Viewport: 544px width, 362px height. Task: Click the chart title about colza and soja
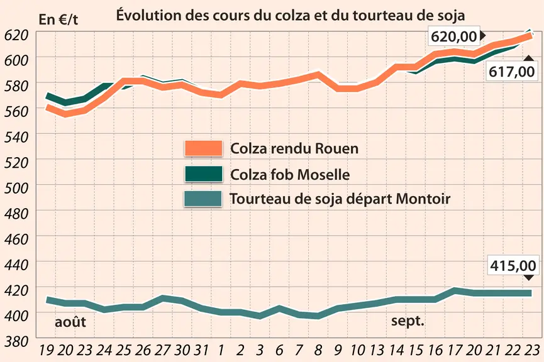[x=291, y=16]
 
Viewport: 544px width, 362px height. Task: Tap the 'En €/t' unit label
[x=58, y=19]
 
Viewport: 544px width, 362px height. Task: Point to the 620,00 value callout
[x=454, y=36]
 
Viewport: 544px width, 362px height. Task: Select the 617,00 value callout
[x=512, y=72]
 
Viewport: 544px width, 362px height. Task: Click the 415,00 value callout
[x=513, y=266]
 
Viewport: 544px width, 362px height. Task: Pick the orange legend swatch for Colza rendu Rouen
[x=204, y=148]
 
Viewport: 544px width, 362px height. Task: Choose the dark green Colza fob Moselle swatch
[x=204, y=173]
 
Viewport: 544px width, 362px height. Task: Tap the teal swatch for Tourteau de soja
[x=203, y=199]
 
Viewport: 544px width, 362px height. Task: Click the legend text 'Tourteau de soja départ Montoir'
[x=340, y=199]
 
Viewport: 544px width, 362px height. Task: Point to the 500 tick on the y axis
[x=16, y=188]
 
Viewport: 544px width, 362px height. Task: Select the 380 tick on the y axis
[x=16, y=341]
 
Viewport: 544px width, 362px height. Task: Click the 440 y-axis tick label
[x=16, y=265]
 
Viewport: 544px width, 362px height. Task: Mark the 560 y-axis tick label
[x=16, y=111]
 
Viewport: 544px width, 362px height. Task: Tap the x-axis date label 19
[x=46, y=350]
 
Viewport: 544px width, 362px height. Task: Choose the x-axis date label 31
[x=201, y=350]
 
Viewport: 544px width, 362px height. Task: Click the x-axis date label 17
[x=454, y=350]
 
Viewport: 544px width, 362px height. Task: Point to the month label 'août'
[x=70, y=322]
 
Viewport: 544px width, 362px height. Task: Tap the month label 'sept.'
[x=408, y=321]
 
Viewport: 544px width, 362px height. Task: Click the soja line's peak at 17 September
[x=454, y=290]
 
